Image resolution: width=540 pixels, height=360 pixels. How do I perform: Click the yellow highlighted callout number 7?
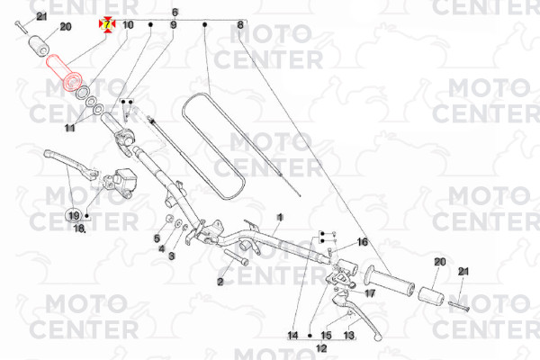tap(107, 24)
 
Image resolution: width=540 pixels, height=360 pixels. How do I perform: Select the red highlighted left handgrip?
tap(65, 73)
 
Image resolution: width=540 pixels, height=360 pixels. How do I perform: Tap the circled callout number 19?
tap(74, 216)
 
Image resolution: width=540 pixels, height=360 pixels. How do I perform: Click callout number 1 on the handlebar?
tap(280, 218)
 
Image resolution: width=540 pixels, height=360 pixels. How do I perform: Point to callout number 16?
tap(363, 242)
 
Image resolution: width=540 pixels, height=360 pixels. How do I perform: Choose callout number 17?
tap(370, 293)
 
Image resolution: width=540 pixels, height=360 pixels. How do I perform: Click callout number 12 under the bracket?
tap(321, 348)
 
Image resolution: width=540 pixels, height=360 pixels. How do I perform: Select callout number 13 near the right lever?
tap(349, 335)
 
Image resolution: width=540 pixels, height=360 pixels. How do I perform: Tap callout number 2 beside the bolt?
tap(220, 282)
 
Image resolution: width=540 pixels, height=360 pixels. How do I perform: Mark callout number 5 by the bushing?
tap(157, 238)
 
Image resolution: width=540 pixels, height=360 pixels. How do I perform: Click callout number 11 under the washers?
tap(70, 128)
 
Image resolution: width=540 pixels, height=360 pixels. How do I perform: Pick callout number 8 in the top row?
tap(240, 25)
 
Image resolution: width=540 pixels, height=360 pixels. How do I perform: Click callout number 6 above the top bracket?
tap(175, 13)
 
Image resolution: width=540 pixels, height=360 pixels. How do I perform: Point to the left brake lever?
tap(70, 165)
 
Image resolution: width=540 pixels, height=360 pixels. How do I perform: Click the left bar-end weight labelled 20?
tap(40, 46)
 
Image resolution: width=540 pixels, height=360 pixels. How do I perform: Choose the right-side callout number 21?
tap(463, 272)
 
